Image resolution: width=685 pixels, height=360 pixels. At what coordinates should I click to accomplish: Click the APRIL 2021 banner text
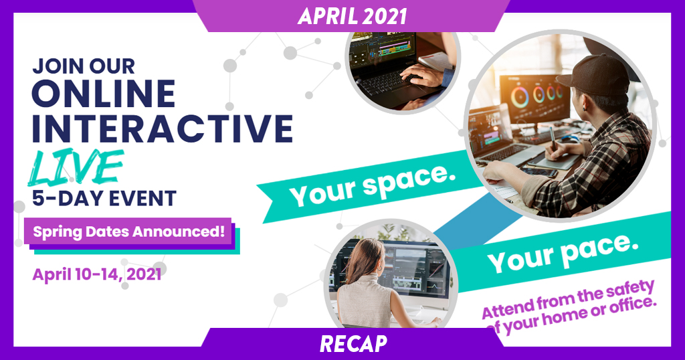[352, 16]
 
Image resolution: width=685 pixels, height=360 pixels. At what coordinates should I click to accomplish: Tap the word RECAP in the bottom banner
[353, 344]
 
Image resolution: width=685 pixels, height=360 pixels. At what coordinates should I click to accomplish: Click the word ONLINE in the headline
[104, 94]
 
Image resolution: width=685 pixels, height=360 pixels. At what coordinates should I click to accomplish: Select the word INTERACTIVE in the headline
[162, 128]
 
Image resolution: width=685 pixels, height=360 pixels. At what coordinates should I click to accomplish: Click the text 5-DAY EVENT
[104, 198]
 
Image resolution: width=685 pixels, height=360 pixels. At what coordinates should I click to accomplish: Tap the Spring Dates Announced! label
[129, 232]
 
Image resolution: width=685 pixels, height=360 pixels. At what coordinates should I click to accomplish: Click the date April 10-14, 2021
[97, 274]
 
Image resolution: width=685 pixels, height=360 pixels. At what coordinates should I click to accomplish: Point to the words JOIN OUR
[84, 66]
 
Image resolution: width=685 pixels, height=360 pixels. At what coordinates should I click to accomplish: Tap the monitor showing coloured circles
[536, 98]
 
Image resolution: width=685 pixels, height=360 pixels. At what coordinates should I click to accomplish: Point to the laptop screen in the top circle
[383, 48]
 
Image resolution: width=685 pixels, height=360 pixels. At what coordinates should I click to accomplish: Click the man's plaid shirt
[602, 166]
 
